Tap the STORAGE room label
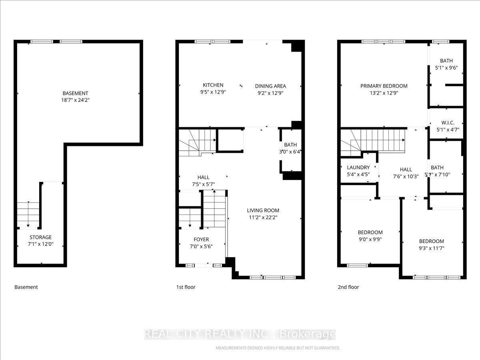click(x=40, y=237)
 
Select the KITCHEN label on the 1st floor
click(x=213, y=85)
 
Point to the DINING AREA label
click(x=270, y=86)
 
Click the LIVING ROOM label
click(x=263, y=210)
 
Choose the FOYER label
click(x=201, y=240)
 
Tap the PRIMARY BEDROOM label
click(x=384, y=86)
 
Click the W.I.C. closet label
click(x=447, y=122)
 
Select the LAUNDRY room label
click(x=358, y=168)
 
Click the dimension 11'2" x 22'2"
click(x=263, y=218)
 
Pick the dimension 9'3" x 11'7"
click(x=431, y=248)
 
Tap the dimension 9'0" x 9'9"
click(x=370, y=239)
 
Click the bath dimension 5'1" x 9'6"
click(x=446, y=68)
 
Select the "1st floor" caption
click(x=186, y=287)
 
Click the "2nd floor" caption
click(x=348, y=287)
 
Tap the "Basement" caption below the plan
click(x=26, y=287)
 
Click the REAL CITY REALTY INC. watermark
click(x=240, y=334)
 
